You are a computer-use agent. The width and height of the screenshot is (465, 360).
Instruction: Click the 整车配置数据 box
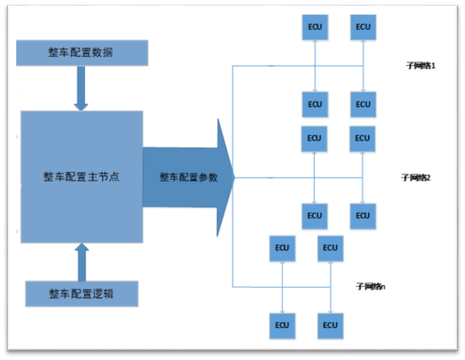click(x=81, y=53)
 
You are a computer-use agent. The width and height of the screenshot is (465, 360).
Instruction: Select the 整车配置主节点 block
click(x=82, y=177)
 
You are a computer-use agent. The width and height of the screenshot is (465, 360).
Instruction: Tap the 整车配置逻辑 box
click(x=82, y=293)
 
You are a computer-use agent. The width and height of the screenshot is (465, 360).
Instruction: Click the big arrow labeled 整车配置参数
click(x=188, y=177)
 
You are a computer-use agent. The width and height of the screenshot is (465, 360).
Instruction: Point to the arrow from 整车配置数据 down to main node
click(x=82, y=88)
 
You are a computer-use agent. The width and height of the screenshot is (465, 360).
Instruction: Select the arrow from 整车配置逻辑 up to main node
click(x=82, y=263)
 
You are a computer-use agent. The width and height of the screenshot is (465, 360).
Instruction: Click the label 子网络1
click(x=421, y=66)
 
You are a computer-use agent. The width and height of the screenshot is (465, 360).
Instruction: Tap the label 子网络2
click(x=416, y=177)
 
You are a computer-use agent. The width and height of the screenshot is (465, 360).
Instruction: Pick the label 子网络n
click(x=371, y=287)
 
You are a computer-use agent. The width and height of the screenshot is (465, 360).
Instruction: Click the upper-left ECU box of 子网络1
click(x=314, y=27)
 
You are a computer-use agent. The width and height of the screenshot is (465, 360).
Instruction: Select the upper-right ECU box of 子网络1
click(x=363, y=27)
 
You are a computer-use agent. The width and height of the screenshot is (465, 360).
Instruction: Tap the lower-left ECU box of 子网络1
click(x=314, y=104)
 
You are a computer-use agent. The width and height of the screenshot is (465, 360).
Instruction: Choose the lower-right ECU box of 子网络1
click(x=363, y=104)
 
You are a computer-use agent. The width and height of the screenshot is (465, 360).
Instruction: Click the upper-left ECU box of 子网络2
click(x=314, y=138)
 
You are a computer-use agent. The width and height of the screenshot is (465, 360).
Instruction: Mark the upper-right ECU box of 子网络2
click(x=363, y=138)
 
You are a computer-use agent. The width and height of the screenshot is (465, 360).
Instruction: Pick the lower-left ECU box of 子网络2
click(x=314, y=216)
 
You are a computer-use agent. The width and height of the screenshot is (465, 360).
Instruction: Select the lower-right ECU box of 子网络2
click(x=363, y=216)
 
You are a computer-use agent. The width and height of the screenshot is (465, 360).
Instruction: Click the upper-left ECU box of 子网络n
click(x=282, y=248)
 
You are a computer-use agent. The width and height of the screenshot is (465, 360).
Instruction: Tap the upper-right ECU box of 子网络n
click(x=330, y=248)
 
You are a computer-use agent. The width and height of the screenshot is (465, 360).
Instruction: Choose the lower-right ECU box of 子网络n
click(x=330, y=325)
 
